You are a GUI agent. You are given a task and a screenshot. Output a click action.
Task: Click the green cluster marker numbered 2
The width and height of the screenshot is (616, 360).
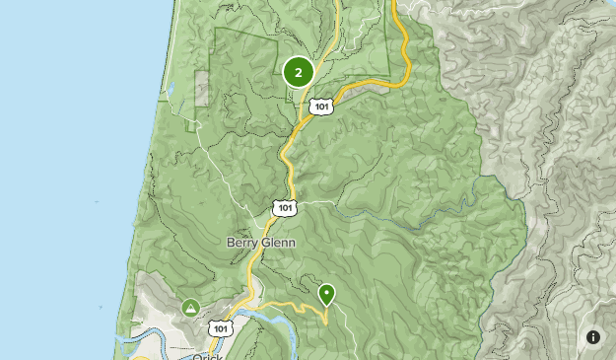click(x=298, y=71)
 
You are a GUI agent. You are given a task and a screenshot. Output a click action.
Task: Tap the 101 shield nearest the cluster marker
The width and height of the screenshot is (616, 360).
click(x=320, y=105)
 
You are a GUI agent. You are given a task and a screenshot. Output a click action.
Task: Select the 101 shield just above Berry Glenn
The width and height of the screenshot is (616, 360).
click(x=284, y=207)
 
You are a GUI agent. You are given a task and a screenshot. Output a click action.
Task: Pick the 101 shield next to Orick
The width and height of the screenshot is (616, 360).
click(x=221, y=328)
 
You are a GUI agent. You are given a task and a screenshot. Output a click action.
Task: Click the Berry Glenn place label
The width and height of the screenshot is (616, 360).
click(x=261, y=242)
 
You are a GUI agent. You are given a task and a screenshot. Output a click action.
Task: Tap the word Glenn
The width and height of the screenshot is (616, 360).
click(x=278, y=242)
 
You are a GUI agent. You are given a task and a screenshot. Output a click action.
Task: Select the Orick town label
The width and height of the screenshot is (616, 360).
click(x=209, y=355)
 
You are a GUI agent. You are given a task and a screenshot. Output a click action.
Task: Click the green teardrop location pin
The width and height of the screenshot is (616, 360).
click(x=326, y=293)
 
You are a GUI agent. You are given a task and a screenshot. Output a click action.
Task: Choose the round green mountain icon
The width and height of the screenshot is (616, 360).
click(x=190, y=308)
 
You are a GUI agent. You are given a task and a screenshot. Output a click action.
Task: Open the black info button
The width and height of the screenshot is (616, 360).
click(x=593, y=337)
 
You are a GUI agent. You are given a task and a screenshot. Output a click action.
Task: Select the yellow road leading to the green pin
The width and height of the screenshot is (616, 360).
click(x=296, y=306)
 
